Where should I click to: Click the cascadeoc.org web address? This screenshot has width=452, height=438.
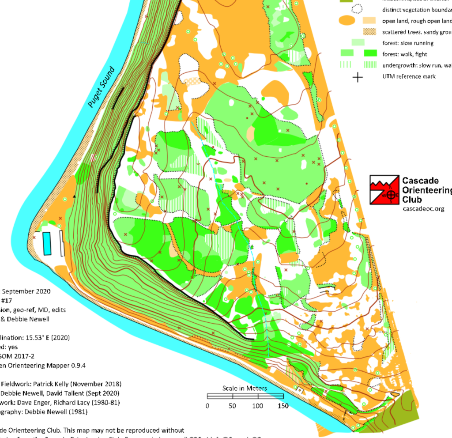pos(423,208)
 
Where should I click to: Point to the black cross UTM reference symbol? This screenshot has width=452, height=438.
pos(358,77)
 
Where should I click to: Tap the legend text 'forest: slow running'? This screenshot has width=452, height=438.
pos(408,43)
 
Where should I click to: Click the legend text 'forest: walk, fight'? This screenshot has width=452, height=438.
pos(404,54)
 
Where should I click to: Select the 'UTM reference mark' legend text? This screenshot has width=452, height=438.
pos(409,77)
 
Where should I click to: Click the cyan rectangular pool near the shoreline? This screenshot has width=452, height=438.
pos(46,243)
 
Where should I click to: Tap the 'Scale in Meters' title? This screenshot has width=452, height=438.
pos(245,388)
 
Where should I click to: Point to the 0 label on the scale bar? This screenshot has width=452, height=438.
pos(207,406)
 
